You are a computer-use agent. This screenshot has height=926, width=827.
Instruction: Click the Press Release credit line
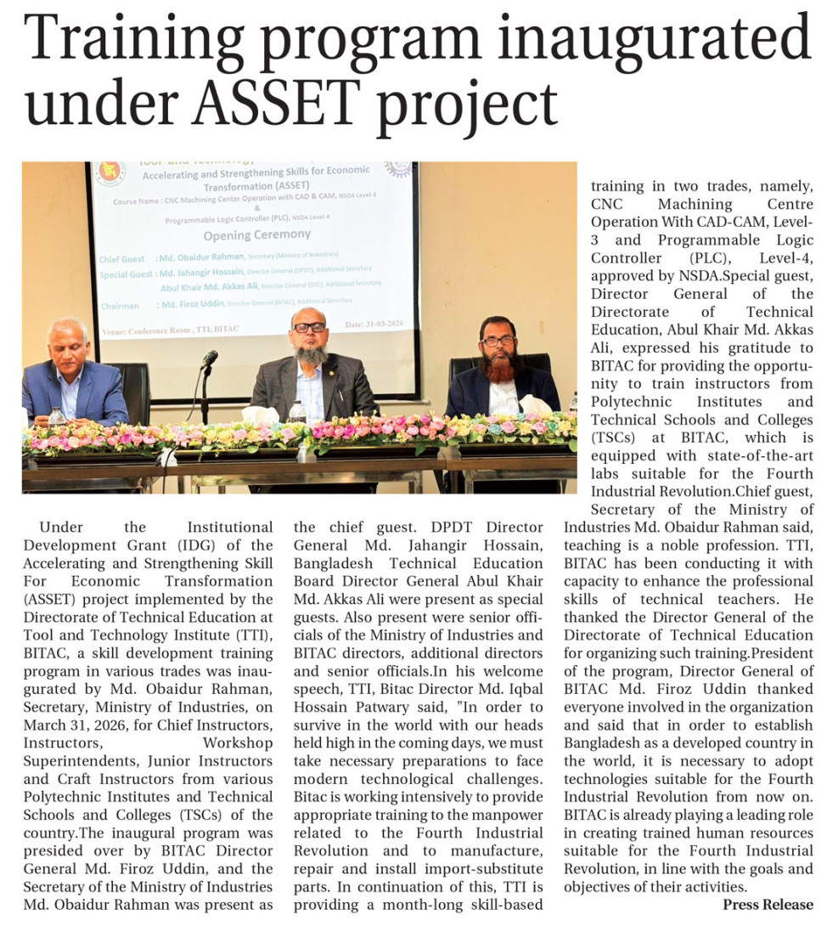[x=768, y=904]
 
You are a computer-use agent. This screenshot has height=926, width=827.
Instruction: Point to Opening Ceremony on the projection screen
[x=256, y=234]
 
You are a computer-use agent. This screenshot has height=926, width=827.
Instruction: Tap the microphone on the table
[x=209, y=360]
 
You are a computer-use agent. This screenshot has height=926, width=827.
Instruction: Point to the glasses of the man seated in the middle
[x=309, y=327]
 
